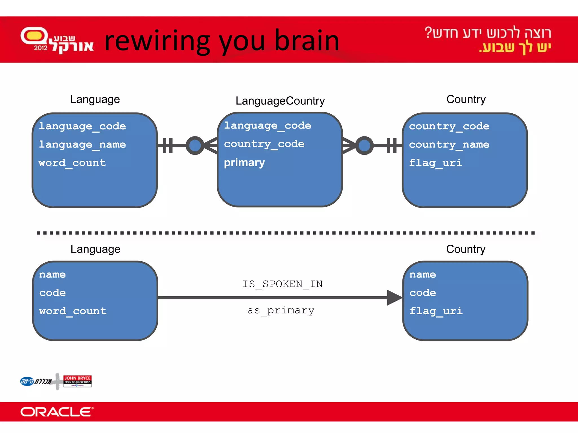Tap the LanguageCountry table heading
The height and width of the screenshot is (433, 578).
280,101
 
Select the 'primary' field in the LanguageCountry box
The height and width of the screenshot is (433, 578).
244,163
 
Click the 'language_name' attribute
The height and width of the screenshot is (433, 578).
82,145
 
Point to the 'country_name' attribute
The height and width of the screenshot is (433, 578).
449,145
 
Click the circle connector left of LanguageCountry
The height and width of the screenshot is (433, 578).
195,145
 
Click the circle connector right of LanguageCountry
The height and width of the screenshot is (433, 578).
364,145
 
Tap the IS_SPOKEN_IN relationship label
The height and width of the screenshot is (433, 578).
283,284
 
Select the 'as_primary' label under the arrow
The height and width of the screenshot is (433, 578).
281,310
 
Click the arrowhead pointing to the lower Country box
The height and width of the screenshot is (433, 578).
394,298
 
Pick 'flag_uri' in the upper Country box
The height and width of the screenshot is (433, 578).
435,163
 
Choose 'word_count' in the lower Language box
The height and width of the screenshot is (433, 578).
73,311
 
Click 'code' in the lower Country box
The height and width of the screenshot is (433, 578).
422,293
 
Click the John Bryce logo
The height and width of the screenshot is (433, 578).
77,381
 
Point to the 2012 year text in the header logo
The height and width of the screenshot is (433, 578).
41,48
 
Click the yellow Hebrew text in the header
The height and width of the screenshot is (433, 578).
515,48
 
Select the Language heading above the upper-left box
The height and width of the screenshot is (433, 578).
95,100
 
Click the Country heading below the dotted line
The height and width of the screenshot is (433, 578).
466,249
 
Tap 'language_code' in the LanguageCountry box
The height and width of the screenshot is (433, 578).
268,126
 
